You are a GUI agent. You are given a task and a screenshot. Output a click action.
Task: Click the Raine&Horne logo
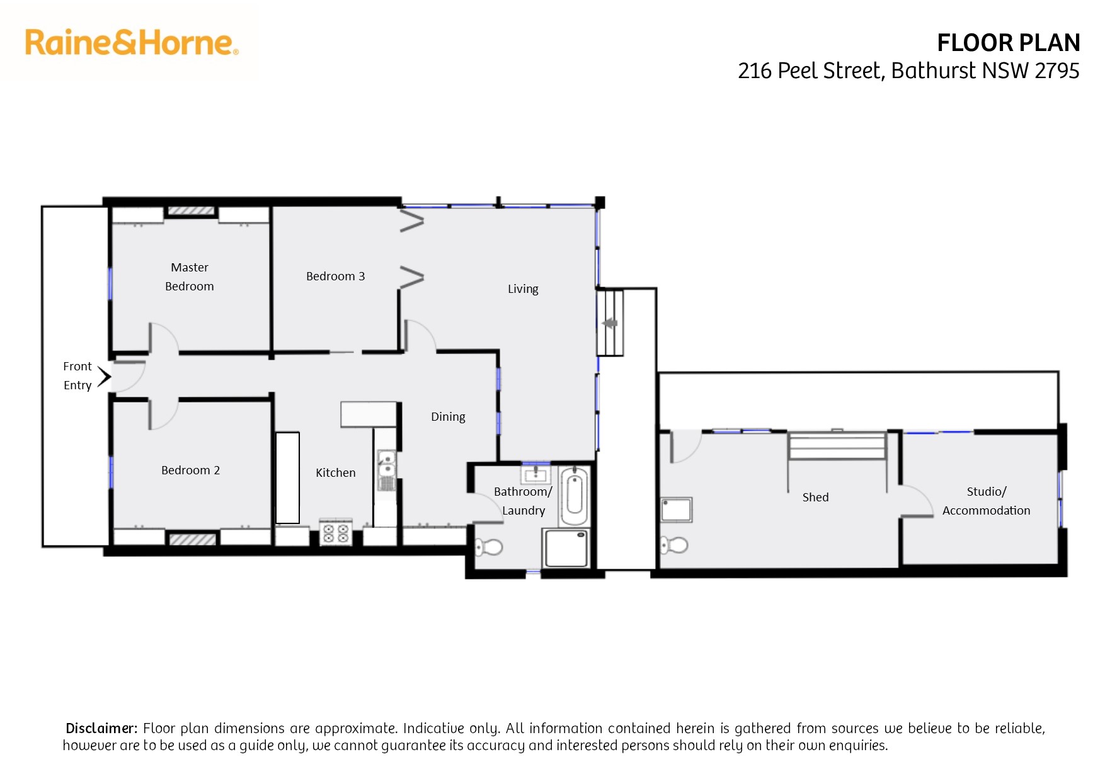[x=131, y=43]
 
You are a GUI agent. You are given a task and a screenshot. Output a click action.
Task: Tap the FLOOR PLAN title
[x=1008, y=43]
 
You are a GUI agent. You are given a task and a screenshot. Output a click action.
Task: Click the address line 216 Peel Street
[x=908, y=71]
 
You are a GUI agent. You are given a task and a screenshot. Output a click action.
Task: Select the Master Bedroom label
[x=190, y=277]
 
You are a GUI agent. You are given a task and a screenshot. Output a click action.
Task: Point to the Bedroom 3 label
[x=335, y=276]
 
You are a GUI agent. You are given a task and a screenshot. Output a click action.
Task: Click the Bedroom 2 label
[x=190, y=470]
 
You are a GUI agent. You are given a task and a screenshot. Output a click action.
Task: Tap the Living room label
[x=523, y=289]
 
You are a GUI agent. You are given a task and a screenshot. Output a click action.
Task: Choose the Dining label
[x=448, y=417]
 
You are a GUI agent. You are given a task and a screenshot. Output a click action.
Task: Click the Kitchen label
[x=335, y=473]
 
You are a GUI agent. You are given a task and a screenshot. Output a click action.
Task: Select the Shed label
[x=815, y=498]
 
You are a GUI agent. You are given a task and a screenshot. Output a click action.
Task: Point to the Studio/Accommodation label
[x=986, y=501]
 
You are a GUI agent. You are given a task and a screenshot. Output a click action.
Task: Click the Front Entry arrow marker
[x=104, y=377]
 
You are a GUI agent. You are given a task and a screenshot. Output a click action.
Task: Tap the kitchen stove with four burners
[x=336, y=533]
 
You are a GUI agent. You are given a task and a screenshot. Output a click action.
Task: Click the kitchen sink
[x=386, y=470]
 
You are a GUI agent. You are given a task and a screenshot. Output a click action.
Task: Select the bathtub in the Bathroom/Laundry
[x=574, y=496]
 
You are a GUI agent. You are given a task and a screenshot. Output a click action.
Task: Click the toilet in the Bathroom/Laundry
[x=488, y=547]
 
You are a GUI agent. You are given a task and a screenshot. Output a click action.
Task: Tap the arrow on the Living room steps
[x=609, y=324]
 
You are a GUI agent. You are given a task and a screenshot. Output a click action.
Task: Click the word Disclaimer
[x=101, y=729]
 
